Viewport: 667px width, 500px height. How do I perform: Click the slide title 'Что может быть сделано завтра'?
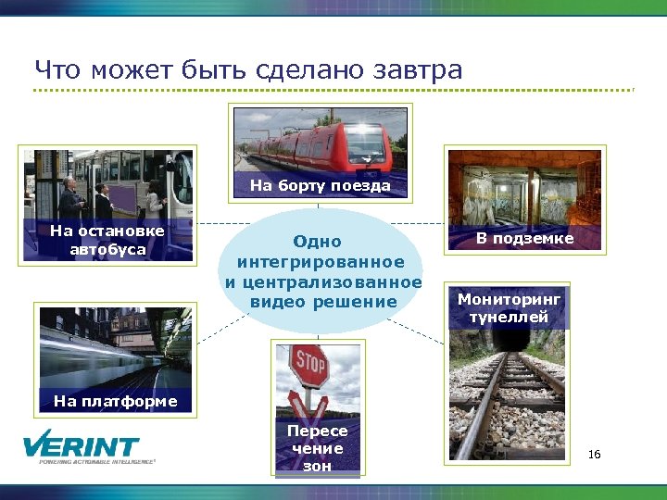coord(248,69)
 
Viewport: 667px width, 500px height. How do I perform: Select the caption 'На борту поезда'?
coord(321,186)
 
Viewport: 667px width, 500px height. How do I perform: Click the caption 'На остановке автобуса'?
coord(107,240)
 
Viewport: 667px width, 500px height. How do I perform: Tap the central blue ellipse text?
coord(322,271)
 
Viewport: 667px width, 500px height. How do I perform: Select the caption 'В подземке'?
coord(524,239)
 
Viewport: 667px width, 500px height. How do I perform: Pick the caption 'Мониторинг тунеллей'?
coord(509,308)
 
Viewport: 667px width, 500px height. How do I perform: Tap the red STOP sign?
coord(309,366)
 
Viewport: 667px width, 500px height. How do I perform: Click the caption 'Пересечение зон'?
coord(317,448)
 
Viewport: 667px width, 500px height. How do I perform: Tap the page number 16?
coord(594,454)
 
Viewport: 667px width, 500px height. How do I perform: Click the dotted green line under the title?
coord(333,90)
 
